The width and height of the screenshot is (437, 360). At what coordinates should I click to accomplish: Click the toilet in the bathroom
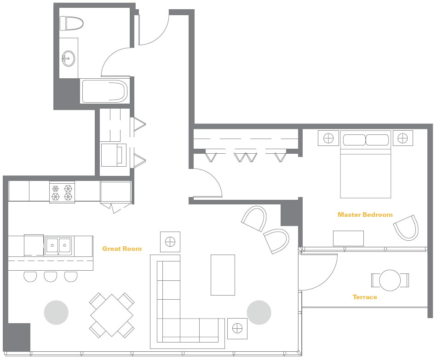pos(72,23)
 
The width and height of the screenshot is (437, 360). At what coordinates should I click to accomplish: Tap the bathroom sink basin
pos(68,58)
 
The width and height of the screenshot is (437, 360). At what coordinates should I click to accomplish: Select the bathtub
pos(105,92)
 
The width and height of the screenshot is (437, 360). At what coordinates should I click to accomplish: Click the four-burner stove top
pos(62,192)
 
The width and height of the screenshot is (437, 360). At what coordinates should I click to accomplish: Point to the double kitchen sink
pos(58,246)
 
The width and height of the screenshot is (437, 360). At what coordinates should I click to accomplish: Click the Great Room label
pos(122,249)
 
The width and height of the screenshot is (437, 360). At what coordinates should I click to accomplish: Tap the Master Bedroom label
pos(365,215)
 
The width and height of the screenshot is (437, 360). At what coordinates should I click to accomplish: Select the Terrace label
pos(365,297)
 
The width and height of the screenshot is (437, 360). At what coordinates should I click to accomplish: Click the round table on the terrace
pos(390,280)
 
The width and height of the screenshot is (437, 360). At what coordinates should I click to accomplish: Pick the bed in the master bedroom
pos(365,164)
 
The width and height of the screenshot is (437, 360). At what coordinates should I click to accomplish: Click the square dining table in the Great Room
pos(112,315)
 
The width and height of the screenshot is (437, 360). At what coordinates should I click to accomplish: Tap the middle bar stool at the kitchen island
pos(51,276)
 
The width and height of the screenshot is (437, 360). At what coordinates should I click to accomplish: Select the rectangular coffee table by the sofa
pos(223,275)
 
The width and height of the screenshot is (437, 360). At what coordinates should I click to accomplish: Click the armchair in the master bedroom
pos(407,228)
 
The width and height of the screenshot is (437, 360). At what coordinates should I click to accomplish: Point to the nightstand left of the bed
pos(328,138)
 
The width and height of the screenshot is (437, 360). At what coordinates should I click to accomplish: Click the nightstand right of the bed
pos(402,138)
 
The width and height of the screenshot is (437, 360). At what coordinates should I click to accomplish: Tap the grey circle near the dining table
pos(56,313)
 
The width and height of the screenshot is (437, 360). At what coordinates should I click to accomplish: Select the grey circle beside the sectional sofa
pos(259,313)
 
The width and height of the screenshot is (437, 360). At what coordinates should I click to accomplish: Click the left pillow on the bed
pos(354,140)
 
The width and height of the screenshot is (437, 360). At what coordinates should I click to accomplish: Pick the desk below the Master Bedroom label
pos(348,238)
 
